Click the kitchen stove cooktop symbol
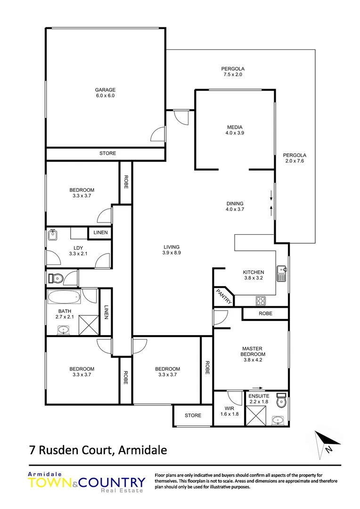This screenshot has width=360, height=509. [x=261, y=300]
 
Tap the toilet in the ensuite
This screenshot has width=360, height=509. [x=281, y=401]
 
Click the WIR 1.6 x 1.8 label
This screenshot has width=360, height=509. [x=229, y=411]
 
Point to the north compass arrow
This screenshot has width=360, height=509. [x=327, y=442]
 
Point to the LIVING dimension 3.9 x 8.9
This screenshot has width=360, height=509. [x=172, y=253]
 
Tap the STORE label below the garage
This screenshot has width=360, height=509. [x=107, y=153]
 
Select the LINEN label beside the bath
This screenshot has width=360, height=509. [x=106, y=312]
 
